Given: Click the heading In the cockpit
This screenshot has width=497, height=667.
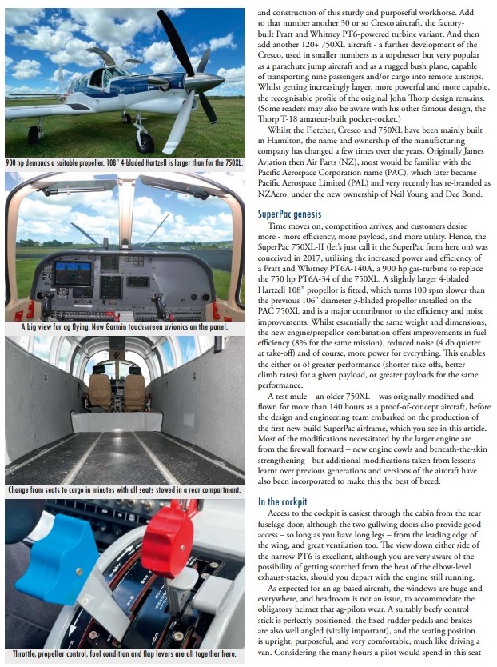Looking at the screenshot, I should [288, 501].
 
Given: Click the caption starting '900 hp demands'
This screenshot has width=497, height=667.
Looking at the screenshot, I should [123, 163].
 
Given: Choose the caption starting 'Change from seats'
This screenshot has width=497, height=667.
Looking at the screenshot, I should [123, 489].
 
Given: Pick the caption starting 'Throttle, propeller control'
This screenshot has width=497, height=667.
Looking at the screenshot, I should [123, 655].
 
